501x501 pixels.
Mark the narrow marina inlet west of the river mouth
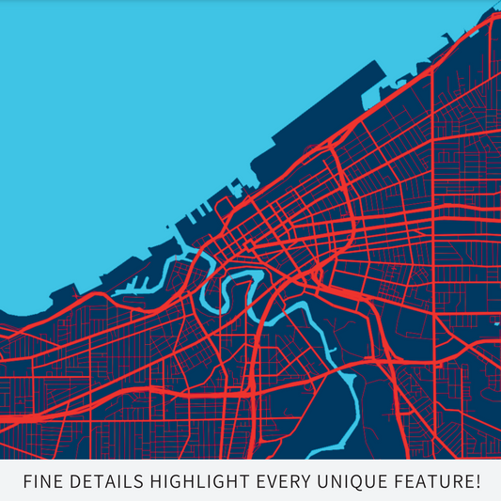tap(141, 281)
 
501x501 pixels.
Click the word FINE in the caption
tap(39, 482)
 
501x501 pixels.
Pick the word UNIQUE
tap(350, 482)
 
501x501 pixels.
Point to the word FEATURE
tap(431, 482)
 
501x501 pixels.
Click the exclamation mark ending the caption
tap(478, 482)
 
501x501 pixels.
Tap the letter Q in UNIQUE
tap(357, 482)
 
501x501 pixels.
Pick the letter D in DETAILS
tap(70, 482)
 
